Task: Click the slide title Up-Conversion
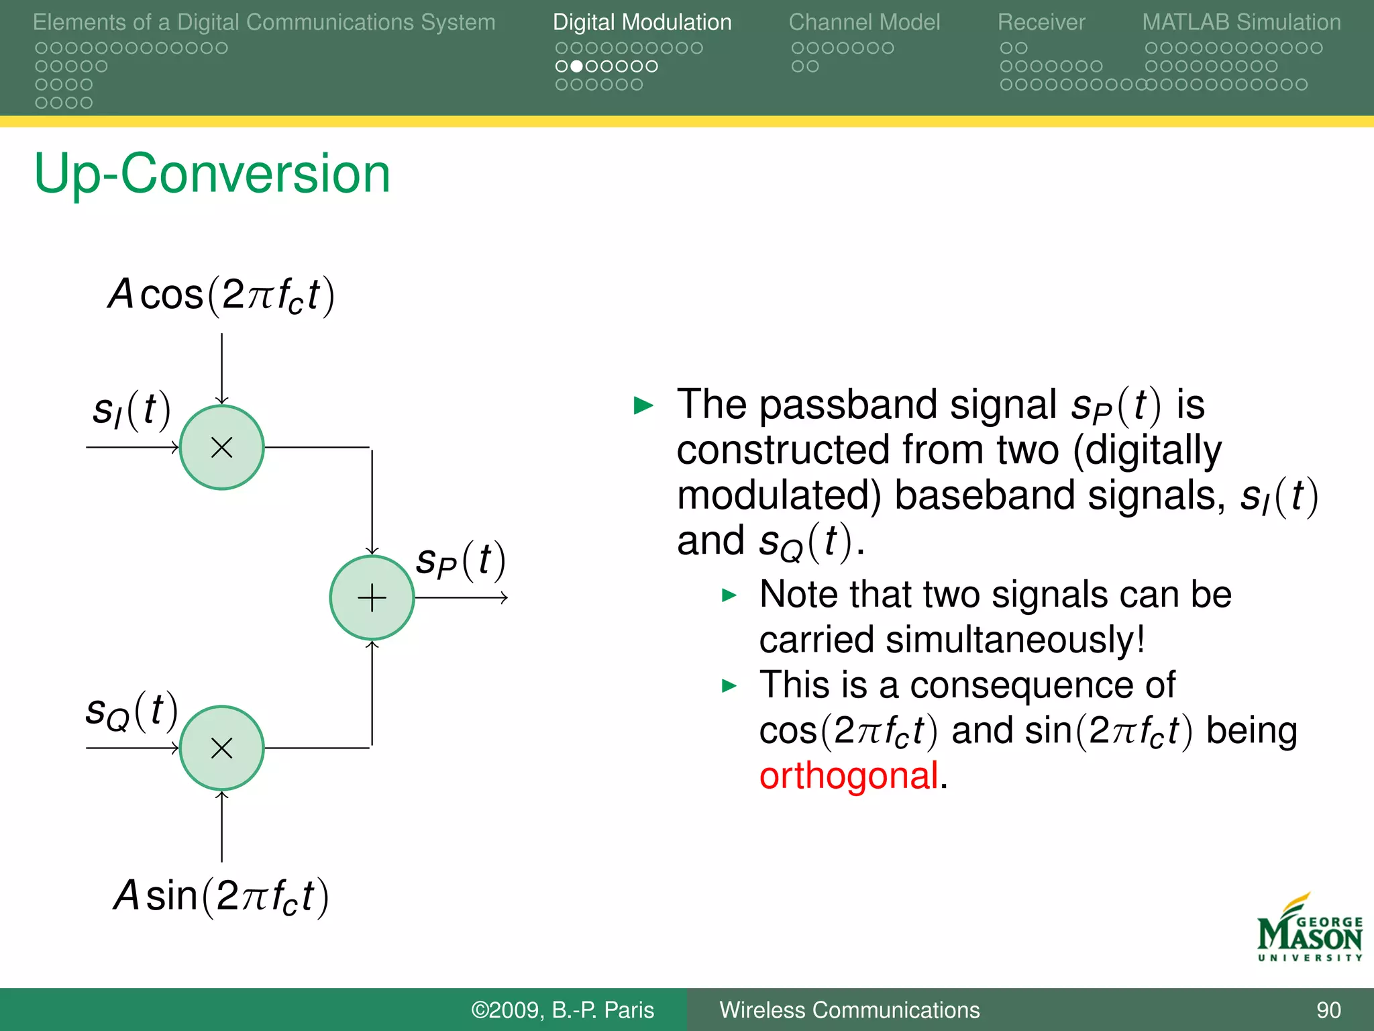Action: click(x=212, y=173)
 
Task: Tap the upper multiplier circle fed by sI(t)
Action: click(x=221, y=447)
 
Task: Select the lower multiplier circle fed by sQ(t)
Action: click(x=221, y=748)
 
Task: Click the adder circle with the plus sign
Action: click(x=372, y=597)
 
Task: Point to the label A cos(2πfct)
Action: click(x=221, y=295)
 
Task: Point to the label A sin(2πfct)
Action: click(x=221, y=896)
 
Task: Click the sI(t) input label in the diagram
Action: click(x=131, y=409)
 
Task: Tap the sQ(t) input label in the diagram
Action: click(x=131, y=711)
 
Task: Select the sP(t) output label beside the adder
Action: click(x=460, y=561)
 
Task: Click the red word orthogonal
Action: click(x=849, y=776)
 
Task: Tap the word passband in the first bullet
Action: click(x=848, y=405)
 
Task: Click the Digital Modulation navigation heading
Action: click(x=642, y=22)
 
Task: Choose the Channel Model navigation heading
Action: click(x=864, y=22)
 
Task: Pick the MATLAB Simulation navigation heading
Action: click(x=1241, y=22)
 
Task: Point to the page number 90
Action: click(x=1328, y=1010)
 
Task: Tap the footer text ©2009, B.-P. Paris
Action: click(x=562, y=1010)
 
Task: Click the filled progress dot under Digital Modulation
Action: click(x=576, y=66)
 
